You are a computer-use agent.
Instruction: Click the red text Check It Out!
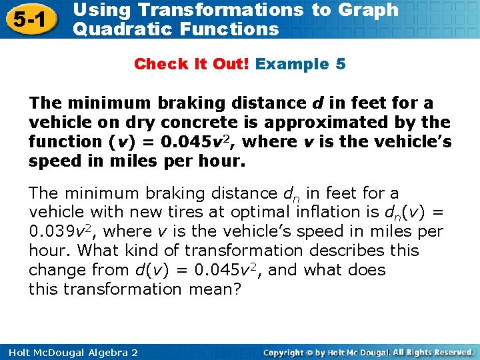pyautogui.click(x=192, y=64)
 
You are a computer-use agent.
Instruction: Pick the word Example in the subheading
pyautogui.click(x=292, y=64)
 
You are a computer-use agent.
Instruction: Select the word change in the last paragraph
pyautogui.click(x=56, y=270)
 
